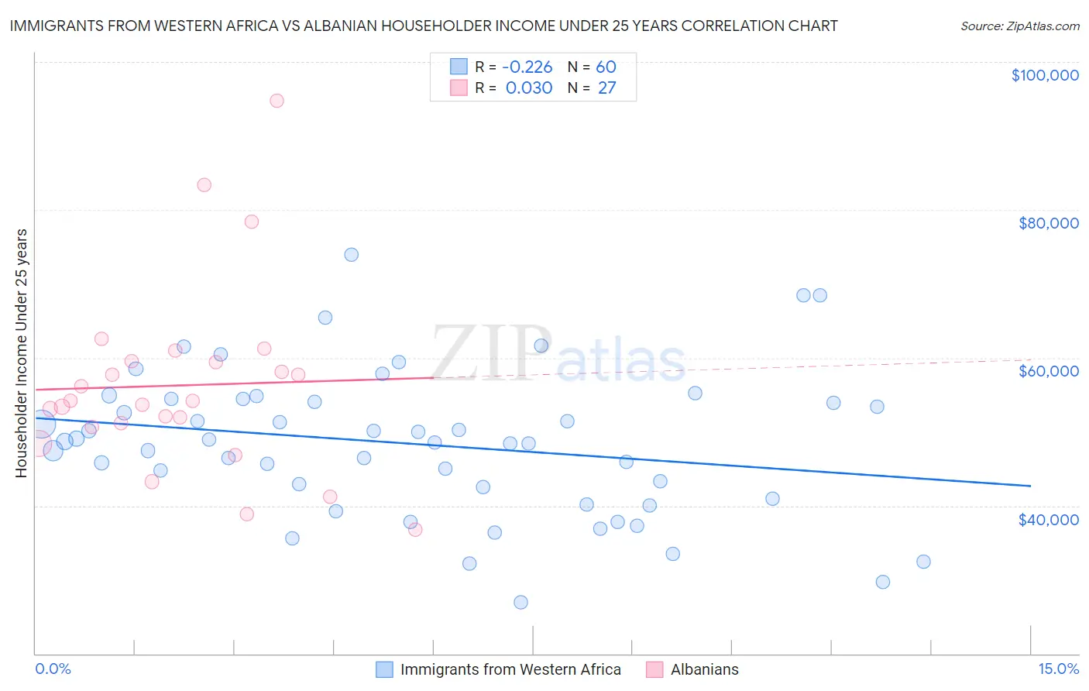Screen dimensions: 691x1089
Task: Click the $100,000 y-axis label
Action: point(1045,75)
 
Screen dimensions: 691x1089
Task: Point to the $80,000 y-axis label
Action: point(1048,223)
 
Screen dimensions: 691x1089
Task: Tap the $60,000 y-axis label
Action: point(1048,371)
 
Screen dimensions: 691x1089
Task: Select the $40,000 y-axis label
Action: point(1048,519)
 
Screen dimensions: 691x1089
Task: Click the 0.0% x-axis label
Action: point(53,669)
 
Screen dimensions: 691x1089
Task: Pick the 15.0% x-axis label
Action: point(1058,669)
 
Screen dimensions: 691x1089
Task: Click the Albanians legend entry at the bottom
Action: point(704,669)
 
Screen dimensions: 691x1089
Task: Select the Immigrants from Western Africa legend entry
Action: point(510,669)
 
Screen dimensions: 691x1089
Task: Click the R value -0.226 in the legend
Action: point(527,67)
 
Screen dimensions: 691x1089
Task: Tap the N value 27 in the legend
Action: point(606,88)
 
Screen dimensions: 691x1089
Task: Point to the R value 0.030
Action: point(528,88)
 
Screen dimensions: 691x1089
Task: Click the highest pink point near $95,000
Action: point(277,101)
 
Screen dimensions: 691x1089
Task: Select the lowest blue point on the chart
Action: point(520,602)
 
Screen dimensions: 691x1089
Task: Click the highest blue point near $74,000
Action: point(352,255)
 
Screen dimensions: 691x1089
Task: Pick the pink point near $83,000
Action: point(204,184)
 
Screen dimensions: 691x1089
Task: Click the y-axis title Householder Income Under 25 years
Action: point(21,352)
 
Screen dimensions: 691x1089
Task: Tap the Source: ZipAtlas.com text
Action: point(1019,26)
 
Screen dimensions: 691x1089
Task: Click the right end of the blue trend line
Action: point(1030,486)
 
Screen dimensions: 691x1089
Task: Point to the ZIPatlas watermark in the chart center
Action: point(558,354)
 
